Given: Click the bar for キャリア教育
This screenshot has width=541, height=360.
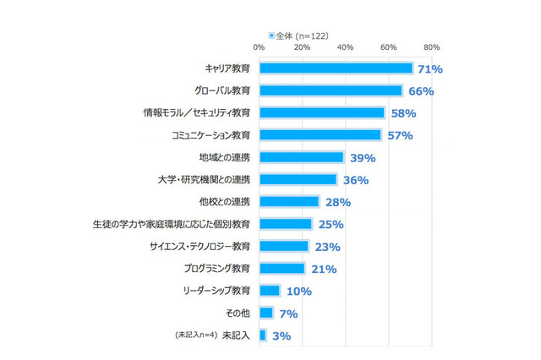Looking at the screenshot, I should click(336, 68).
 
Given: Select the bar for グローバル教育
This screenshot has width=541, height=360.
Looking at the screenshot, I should click(331, 90).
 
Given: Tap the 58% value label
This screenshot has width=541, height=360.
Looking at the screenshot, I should click(401, 113).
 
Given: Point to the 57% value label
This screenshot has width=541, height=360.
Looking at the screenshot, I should click(397, 135).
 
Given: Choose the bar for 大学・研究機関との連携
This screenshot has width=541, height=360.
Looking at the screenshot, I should click(298, 179).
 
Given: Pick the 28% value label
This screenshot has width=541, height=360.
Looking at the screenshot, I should click(337, 202).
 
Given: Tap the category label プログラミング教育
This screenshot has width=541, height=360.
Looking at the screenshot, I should click(216, 269).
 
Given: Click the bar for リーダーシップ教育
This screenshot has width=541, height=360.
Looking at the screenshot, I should click(270, 291).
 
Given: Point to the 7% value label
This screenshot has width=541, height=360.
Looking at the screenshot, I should click(288, 314).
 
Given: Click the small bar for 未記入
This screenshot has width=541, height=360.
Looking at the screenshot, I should click(263, 335).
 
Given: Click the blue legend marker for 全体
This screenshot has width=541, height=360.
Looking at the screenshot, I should click(271, 35).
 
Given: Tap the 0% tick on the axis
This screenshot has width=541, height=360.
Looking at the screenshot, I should click(259, 47).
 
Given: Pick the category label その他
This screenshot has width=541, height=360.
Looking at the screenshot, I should click(237, 313).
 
